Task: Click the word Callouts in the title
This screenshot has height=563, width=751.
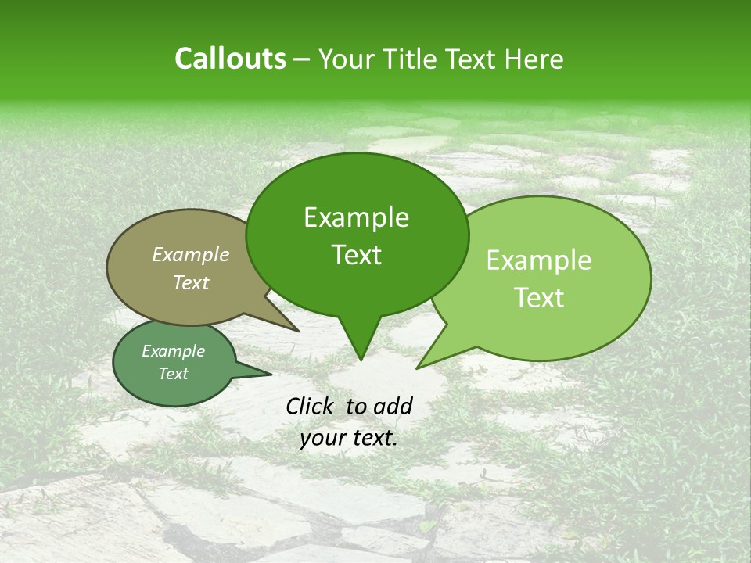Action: click(230, 59)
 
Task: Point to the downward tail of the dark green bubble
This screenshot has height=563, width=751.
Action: click(360, 344)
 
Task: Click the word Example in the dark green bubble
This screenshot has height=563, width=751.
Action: click(356, 217)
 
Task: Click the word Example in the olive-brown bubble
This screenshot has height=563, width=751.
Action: click(190, 254)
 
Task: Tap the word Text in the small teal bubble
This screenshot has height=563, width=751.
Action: click(173, 373)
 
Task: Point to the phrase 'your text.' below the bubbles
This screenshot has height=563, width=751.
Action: click(349, 438)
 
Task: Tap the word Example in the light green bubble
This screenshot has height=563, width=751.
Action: click(539, 260)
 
